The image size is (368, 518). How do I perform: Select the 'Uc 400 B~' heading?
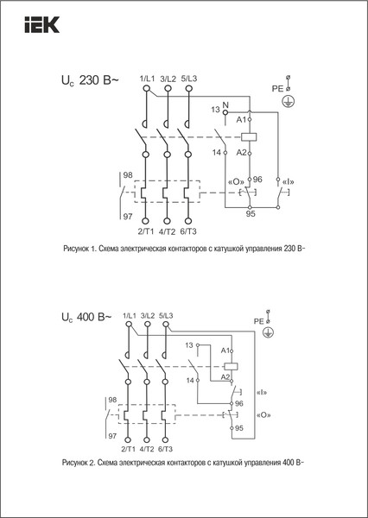pyautogui.click(x=85, y=318)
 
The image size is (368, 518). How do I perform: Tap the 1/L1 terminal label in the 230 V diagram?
pyautogui.click(x=147, y=79)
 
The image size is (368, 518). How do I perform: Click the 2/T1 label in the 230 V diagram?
pyautogui.click(x=147, y=231)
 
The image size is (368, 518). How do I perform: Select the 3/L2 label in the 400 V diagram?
pyautogui.click(x=145, y=315)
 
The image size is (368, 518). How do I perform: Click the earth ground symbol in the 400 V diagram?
pyautogui.click(x=269, y=332)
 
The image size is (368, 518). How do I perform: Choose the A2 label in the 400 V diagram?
pyautogui.click(x=225, y=376)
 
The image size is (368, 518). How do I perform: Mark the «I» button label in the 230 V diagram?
pyautogui.click(x=281, y=180)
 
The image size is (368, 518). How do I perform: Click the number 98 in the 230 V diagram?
pyautogui.click(x=128, y=175)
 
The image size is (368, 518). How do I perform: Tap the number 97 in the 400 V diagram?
pyautogui.click(x=111, y=437)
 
